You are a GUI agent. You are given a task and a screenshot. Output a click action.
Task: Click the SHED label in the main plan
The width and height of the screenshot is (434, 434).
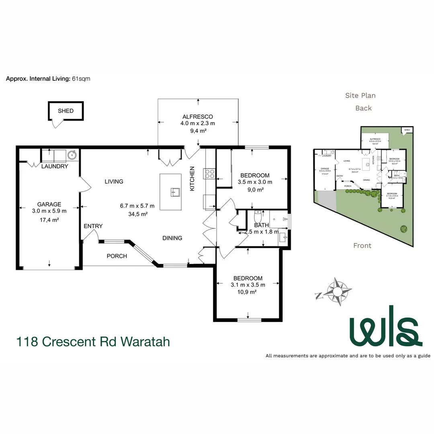66,111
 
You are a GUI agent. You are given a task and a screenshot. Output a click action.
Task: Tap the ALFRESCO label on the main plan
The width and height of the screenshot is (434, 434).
198,117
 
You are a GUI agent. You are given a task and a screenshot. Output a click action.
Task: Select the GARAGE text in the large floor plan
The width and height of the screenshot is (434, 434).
49,204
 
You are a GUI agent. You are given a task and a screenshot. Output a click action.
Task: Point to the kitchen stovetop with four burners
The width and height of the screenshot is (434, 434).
210,173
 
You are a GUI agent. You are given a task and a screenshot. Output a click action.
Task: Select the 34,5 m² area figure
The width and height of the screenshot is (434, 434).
137,214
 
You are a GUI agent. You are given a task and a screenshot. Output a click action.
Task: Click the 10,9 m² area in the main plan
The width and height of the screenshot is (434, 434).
248,292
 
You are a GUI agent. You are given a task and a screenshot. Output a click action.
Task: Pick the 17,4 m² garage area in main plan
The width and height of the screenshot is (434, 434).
49,219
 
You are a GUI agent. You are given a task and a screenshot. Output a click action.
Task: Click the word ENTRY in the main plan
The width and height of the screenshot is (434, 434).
93,226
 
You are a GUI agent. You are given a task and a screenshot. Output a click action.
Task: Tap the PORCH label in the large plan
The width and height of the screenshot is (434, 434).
117,256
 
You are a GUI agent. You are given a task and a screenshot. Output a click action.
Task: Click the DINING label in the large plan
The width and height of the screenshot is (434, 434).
172,238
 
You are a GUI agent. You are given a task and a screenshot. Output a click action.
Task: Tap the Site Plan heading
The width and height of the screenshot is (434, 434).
360,95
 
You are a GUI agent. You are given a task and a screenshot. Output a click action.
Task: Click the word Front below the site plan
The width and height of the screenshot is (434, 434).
362,246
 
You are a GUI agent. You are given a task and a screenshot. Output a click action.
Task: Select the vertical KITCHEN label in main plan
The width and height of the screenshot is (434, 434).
192,178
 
